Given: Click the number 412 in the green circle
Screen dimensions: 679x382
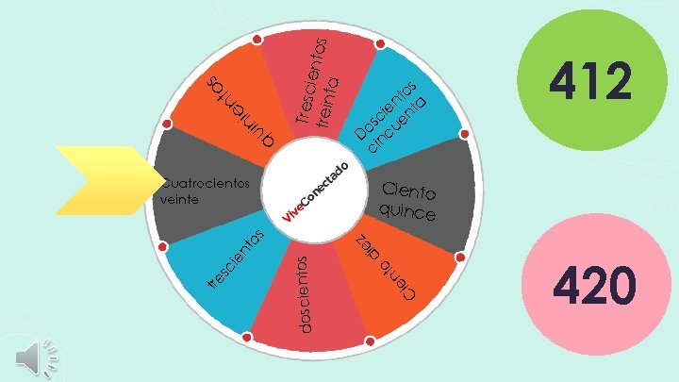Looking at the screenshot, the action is (x=591, y=81).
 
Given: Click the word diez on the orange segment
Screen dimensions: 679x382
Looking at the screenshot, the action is (x=368, y=244).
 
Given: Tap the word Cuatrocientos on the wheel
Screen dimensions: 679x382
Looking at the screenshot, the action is (x=209, y=183).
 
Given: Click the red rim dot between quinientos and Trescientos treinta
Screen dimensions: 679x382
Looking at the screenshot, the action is (x=257, y=41).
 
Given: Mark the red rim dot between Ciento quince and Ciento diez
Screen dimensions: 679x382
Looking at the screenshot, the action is (x=461, y=257).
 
